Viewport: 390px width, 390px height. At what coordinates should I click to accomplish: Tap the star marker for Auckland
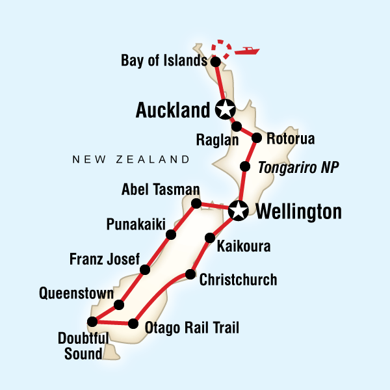[224, 110]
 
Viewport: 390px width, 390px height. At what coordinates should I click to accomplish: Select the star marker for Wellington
[239, 210]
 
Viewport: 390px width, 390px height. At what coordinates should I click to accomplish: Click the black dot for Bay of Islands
[216, 62]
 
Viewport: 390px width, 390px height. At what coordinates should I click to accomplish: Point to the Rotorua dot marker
[257, 138]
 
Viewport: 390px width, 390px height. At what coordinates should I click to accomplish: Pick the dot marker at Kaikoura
[209, 238]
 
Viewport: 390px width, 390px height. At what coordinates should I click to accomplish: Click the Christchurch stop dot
[190, 274]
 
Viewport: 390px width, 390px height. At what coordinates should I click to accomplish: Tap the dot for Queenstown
[119, 304]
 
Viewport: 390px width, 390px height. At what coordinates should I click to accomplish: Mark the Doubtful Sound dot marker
[92, 321]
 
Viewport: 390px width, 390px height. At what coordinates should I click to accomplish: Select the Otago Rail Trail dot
[133, 323]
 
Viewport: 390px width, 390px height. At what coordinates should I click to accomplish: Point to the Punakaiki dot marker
[170, 235]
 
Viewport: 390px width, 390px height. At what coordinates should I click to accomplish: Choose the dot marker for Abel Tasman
[197, 203]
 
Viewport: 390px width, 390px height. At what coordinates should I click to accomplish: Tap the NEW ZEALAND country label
[131, 159]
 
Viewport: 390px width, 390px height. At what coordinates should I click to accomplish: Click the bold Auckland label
[172, 111]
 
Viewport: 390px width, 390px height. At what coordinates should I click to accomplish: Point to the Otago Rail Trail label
[192, 327]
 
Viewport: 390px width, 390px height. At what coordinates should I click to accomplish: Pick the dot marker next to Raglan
[237, 126]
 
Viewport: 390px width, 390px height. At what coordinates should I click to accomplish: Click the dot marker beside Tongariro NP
[245, 167]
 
